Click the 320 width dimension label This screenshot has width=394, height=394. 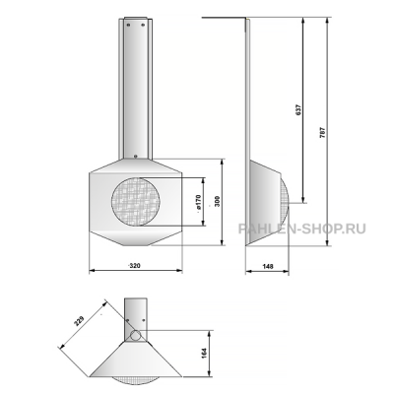[x=135, y=266]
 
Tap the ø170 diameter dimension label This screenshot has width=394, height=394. [x=198, y=202]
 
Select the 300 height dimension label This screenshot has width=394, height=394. [x=217, y=201]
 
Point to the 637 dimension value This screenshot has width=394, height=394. [x=298, y=109]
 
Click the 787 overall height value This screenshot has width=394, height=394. [x=322, y=132]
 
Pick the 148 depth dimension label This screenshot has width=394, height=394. [x=268, y=266]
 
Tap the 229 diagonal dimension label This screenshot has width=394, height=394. [x=79, y=321]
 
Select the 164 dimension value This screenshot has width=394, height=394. [x=205, y=353]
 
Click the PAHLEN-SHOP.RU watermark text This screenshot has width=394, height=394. [x=302, y=229]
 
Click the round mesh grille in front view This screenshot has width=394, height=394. [x=136, y=202]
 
